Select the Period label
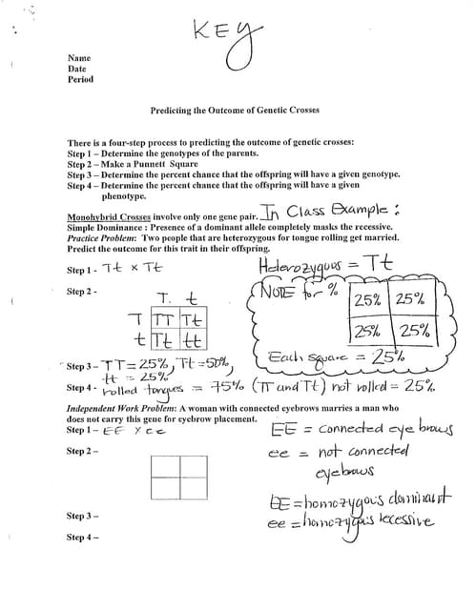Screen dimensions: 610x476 80,79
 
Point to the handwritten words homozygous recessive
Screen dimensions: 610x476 352,522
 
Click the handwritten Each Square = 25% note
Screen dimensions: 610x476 325,360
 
